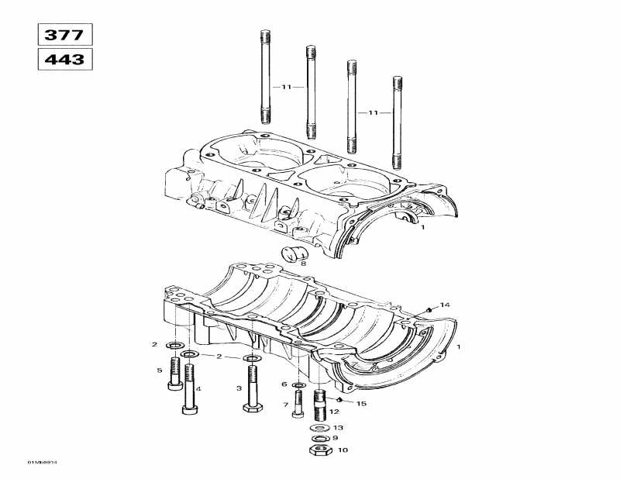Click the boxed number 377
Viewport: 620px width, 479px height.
tap(65, 34)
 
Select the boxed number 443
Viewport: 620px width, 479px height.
tap(65, 59)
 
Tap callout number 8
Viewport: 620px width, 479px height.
tap(303, 264)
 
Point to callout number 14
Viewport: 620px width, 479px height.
tap(445, 305)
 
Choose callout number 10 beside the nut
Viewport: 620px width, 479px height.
tap(343, 450)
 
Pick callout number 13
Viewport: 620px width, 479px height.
tap(338, 427)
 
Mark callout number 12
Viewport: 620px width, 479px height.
tap(335, 412)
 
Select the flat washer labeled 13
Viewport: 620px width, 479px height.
tap(318, 427)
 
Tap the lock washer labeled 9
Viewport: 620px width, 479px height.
tap(318, 438)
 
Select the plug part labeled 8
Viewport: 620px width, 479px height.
tap(295, 253)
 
